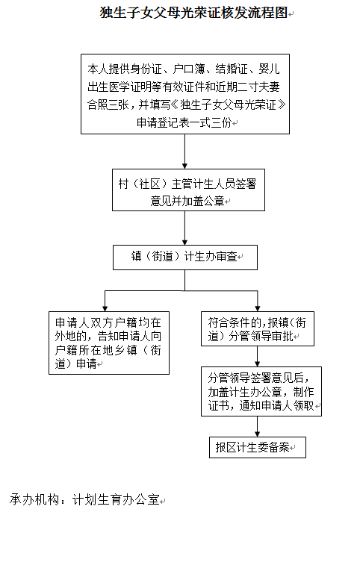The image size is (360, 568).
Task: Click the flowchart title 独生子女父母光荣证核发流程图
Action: click(x=193, y=13)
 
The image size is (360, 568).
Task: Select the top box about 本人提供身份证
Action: click(x=185, y=94)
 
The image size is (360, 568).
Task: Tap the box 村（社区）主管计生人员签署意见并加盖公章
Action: click(x=188, y=190)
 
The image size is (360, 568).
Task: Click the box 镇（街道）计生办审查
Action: click(x=185, y=258)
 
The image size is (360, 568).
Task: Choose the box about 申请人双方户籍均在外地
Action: click(x=109, y=343)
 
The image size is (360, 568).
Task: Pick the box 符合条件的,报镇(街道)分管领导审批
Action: click(x=258, y=328)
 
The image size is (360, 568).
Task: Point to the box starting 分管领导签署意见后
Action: click(x=261, y=391)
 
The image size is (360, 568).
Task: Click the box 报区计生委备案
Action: click(x=258, y=447)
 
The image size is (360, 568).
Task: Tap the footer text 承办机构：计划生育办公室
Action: click(x=85, y=500)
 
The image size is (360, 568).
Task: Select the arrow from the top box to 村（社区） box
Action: click(x=185, y=152)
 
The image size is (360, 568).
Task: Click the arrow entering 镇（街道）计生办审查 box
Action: click(x=185, y=228)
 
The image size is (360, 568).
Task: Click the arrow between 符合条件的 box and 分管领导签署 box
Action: click(x=258, y=356)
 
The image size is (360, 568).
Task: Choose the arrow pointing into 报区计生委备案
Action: click(x=258, y=426)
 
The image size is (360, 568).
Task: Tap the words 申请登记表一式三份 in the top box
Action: click(x=184, y=123)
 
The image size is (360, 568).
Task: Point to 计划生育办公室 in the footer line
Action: click(x=116, y=500)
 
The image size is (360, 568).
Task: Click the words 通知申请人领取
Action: click(x=276, y=405)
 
